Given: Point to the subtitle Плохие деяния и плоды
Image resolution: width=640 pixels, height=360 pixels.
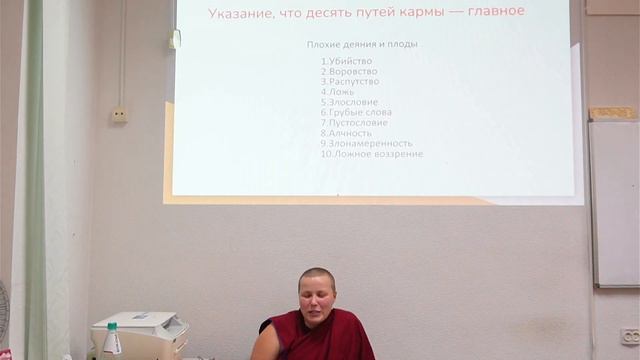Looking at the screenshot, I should click(x=361, y=45).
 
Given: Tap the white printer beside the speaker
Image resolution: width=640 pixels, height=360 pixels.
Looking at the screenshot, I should click(x=140, y=334).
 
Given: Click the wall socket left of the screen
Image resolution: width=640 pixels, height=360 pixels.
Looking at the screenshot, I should click(x=119, y=115).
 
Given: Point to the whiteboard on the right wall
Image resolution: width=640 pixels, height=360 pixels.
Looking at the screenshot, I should click(x=614, y=200).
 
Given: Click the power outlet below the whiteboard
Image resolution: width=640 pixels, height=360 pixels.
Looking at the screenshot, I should click(x=629, y=336).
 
